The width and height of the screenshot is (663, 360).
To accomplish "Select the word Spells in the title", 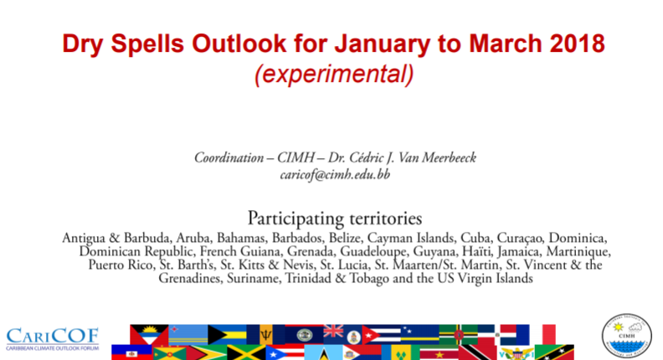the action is pos(146,44).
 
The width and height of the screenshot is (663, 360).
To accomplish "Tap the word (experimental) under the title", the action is pos(334,74).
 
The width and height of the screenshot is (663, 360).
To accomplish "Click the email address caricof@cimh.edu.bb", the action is pos(335,174).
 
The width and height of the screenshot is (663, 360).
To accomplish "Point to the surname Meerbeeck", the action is pos(449,157).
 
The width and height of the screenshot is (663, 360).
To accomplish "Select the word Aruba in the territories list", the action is pos(193,238).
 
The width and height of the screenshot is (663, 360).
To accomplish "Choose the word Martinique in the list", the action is pos(578,252).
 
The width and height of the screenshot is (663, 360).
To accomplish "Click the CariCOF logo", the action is pos(53,339).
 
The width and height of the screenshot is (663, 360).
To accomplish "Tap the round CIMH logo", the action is pos(627,336).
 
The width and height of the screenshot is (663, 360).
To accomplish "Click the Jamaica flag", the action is pos(246,352).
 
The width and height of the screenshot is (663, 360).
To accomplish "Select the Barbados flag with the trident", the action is pos(265,335).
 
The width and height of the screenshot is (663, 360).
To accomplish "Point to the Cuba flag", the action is pos(381,335).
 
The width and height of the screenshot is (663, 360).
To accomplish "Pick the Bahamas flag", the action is pos(227,335).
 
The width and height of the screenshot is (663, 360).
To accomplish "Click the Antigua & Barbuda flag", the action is pos(149,335).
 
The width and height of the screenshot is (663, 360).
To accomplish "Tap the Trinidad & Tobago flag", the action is pos(477,352).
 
